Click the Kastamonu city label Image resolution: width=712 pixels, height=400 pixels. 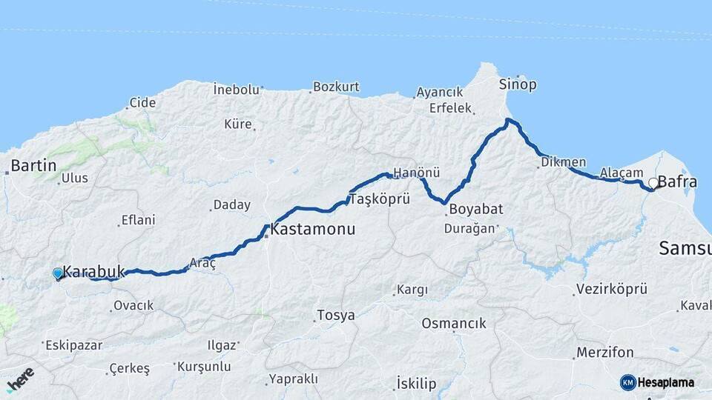[x=312, y=230]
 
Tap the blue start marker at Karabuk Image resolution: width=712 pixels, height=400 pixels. [x=58, y=273]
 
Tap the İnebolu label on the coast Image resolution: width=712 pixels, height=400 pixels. [x=237, y=90]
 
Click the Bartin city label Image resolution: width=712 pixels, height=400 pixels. [x=33, y=165]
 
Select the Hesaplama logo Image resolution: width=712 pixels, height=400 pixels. [x=658, y=382]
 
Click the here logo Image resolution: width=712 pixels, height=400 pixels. [x=19, y=379]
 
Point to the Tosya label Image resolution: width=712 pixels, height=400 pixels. [x=335, y=316]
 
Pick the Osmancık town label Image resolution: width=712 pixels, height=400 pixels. [x=454, y=323]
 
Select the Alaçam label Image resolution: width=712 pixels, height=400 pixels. [x=622, y=173]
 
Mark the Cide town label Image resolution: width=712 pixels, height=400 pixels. [x=142, y=103]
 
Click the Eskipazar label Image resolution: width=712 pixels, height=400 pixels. [x=74, y=345]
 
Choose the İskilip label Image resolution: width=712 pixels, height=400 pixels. [x=416, y=384]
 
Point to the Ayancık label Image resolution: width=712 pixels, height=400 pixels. [x=440, y=93]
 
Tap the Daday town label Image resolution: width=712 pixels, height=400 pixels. [x=232, y=205]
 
